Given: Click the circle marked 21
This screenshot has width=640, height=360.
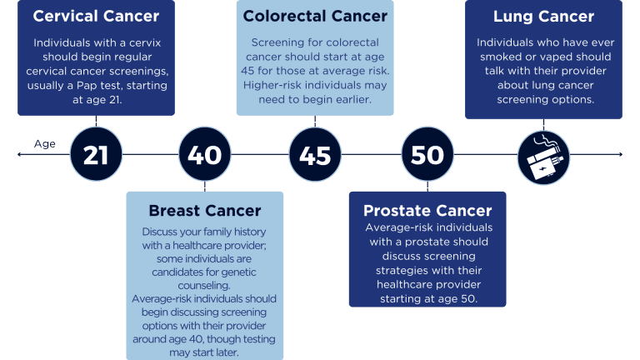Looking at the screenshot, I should [x=96, y=155].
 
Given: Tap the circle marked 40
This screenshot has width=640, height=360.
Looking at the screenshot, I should [x=204, y=155].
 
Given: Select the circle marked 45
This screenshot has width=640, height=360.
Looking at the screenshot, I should [x=315, y=155].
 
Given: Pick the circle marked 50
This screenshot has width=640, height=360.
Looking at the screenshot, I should [x=427, y=155].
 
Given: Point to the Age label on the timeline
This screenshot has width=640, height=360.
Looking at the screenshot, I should [x=44, y=144].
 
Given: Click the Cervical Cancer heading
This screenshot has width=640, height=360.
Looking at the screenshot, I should [x=96, y=17].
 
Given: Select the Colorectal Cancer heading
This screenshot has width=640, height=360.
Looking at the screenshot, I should [x=315, y=17].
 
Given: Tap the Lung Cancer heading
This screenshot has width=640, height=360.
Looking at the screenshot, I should [x=543, y=17].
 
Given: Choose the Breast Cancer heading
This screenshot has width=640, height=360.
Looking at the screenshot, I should [x=205, y=211].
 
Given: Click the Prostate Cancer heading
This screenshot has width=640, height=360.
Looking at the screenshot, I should [x=427, y=211].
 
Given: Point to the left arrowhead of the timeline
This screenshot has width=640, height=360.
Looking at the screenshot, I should [x=19, y=154].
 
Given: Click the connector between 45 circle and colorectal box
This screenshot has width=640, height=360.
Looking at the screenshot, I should [x=315, y=123].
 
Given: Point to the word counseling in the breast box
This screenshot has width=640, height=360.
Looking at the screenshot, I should [x=204, y=285].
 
